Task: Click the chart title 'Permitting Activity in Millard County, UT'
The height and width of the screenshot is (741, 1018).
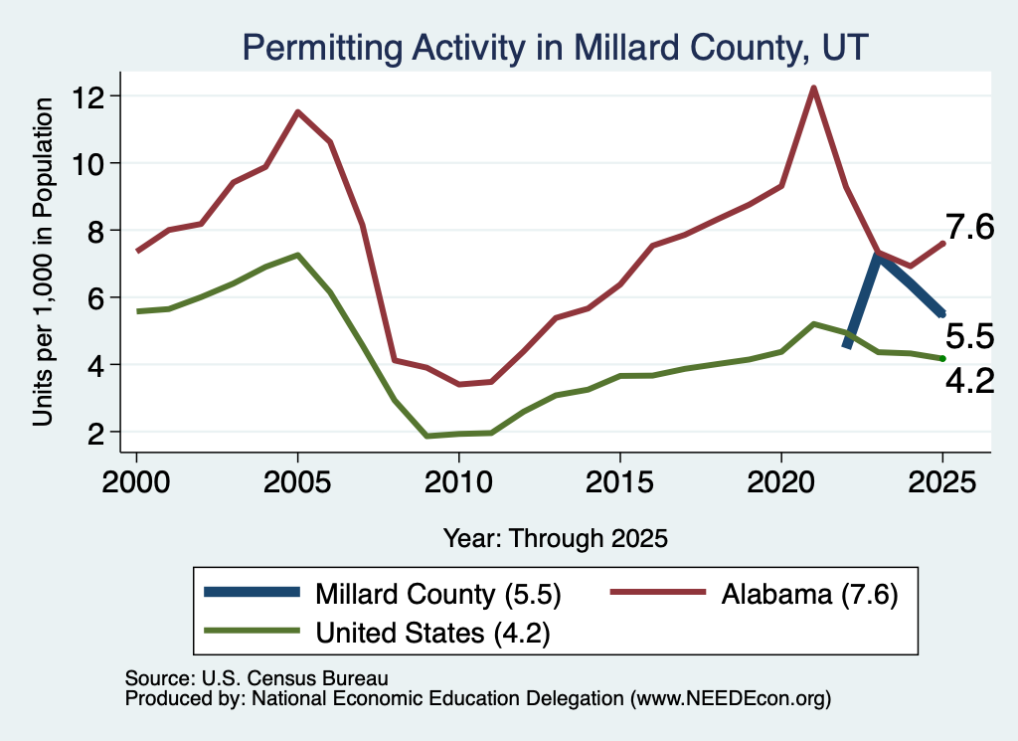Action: tap(555, 48)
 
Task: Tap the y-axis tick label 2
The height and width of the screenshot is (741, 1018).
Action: tap(95, 433)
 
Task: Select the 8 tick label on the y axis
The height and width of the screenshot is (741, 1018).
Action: tap(95, 231)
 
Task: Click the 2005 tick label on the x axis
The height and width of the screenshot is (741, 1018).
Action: tap(297, 482)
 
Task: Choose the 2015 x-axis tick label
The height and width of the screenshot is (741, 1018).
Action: tap(620, 482)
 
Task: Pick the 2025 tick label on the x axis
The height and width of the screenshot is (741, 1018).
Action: tap(942, 482)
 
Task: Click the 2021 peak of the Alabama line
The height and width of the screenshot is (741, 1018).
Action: tap(813, 88)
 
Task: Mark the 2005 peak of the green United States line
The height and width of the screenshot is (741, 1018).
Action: tap(297, 255)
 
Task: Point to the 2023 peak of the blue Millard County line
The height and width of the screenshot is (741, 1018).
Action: tap(877, 256)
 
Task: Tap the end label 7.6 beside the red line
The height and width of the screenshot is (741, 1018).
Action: tap(969, 228)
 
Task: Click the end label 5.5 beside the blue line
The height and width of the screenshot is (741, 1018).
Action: tap(969, 337)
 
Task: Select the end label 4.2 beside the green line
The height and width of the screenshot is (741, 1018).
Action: tap(969, 381)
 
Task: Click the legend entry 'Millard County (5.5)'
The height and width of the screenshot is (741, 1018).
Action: tap(383, 594)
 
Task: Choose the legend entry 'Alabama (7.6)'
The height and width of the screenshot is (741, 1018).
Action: tap(755, 594)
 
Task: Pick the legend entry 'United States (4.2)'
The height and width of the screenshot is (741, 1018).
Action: tap(377, 633)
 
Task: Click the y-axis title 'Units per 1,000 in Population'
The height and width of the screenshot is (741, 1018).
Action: tap(43, 262)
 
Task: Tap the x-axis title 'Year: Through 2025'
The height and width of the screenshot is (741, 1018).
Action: tap(555, 538)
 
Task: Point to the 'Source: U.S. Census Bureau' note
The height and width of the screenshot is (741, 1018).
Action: tap(256, 678)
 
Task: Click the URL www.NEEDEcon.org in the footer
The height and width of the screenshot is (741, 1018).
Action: tap(731, 699)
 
